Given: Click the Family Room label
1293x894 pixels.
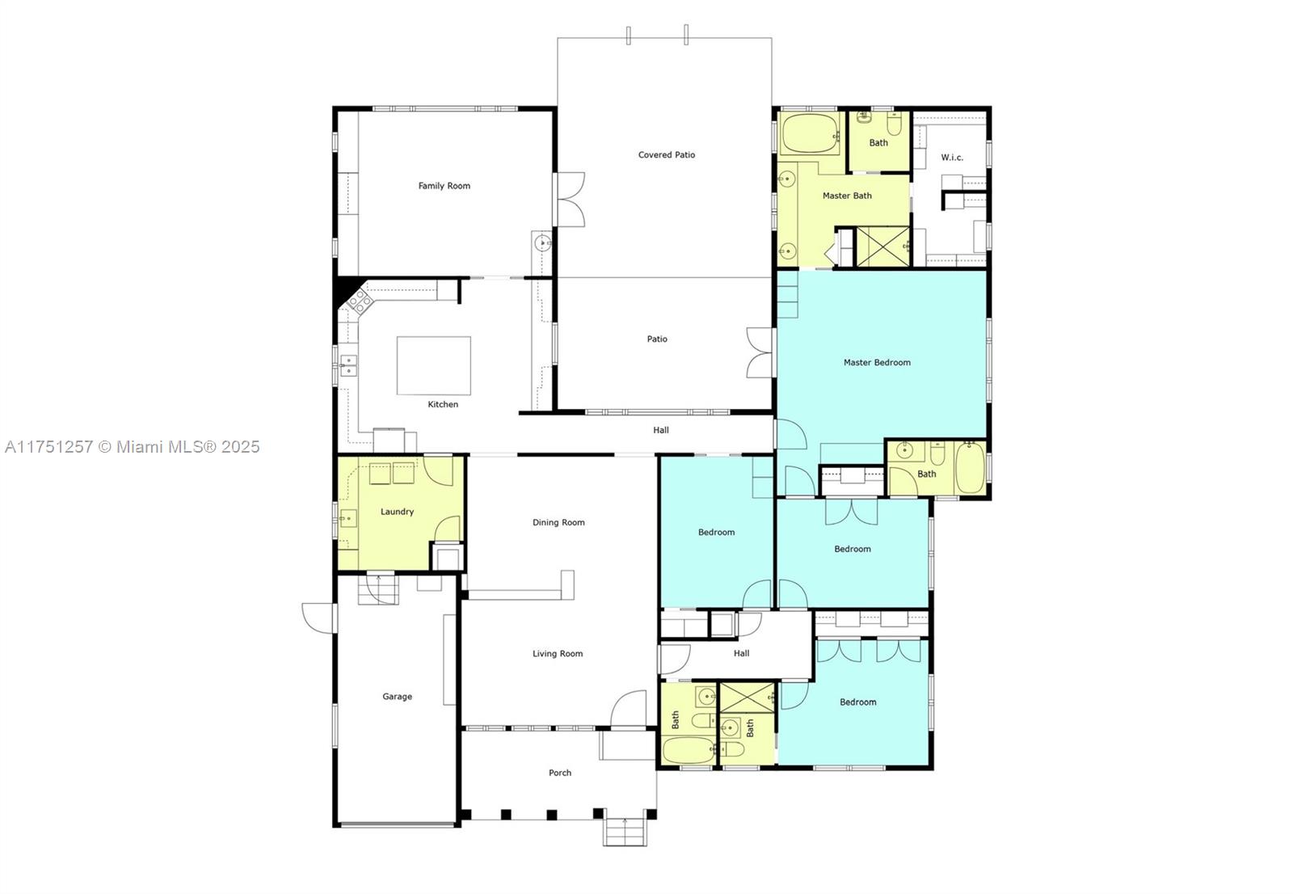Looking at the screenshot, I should click(444, 186).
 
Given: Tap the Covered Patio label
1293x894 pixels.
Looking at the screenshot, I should click(666, 155).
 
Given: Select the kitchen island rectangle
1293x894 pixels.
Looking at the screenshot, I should click(433, 365).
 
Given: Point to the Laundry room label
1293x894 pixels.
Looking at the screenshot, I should click(397, 512).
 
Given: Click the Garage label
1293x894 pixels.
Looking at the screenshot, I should click(397, 696).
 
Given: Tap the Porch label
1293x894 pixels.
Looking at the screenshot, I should click(559, 773).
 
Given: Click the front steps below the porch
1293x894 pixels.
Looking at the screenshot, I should click(625, 832).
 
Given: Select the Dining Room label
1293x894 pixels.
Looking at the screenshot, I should click(558, 522).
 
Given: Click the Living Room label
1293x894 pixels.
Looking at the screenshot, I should click(557, 654).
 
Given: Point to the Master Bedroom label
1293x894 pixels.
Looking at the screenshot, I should click(877, 363).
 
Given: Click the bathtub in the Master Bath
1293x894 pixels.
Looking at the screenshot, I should click(811, 134).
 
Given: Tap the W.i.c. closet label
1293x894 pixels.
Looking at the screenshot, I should click(952, 158).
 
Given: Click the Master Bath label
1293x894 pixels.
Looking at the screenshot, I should click(847, 196).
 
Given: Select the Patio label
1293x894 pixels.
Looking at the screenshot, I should click(657, 339).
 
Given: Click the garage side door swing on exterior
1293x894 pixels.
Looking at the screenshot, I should click(318, 618).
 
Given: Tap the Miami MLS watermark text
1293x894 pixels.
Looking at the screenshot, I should click(132, 447).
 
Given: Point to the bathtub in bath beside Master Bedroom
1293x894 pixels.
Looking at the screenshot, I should click(969, 468).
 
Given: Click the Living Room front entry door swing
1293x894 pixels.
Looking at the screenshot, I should click(629, 709).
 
